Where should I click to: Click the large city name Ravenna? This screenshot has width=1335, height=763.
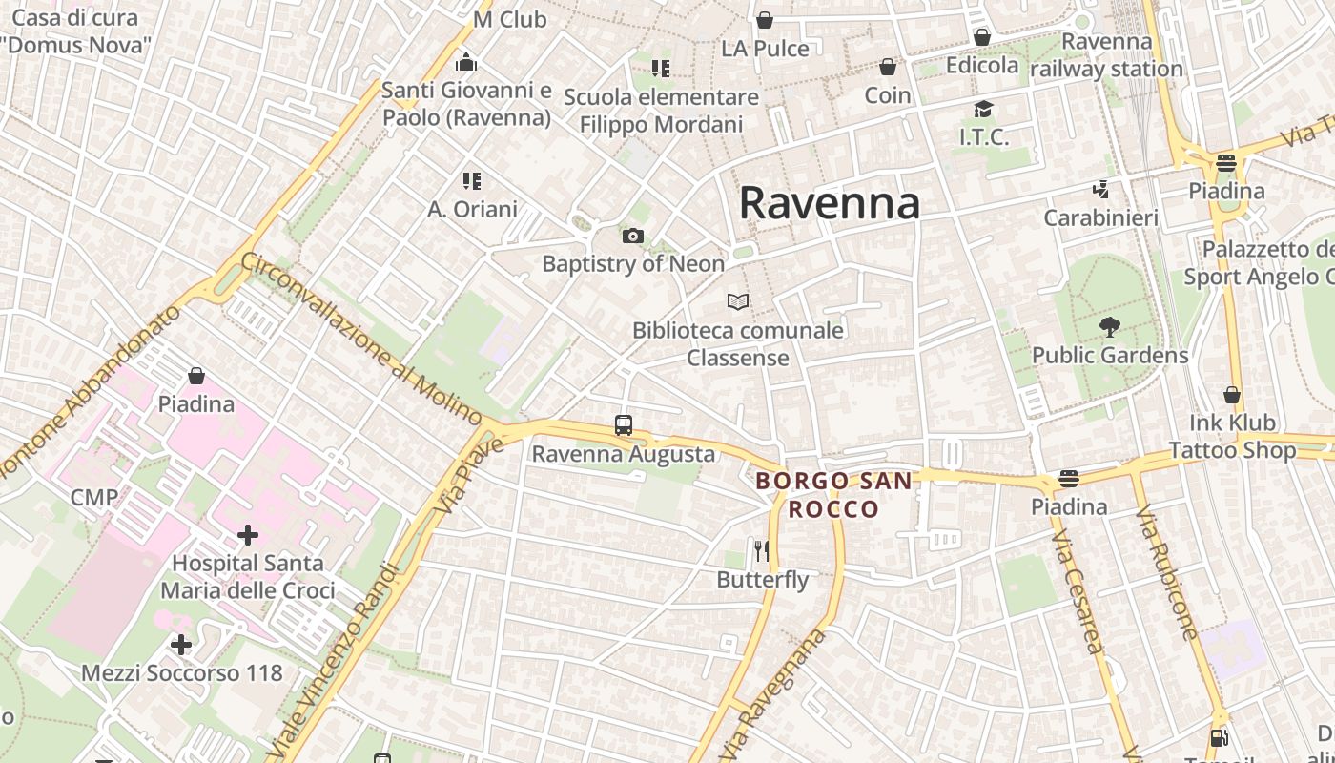tap(829, 202)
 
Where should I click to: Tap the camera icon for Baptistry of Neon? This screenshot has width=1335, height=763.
tap(632, 236)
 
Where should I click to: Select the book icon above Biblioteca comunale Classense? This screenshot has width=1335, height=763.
tap(737, 301)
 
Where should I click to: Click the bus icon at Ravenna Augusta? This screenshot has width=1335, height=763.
tap(623, 425)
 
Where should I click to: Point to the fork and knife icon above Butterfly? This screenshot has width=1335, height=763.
tap(761, 550)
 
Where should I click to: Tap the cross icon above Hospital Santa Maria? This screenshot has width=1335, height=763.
tap(248, 535)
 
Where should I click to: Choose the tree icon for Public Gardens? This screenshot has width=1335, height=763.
tap(1109, 327)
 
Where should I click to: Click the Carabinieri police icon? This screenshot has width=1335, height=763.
tap(1101, 190)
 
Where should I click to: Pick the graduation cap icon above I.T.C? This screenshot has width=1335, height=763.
tap(983, 109)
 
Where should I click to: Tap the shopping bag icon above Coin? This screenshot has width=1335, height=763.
tap(888, 67)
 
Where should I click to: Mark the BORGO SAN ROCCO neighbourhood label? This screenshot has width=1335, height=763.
tap(833, 494)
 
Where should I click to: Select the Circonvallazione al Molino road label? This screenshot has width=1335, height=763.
tap(362, 338)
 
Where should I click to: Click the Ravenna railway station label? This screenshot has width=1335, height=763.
tap(1106, 55)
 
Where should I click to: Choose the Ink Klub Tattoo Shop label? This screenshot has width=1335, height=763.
tap(1232, 436)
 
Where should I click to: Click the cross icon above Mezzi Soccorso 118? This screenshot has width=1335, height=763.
tap(181, 646)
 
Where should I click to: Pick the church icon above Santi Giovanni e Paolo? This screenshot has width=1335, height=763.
tap(466, 63)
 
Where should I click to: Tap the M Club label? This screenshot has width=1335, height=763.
tap(509, 19)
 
